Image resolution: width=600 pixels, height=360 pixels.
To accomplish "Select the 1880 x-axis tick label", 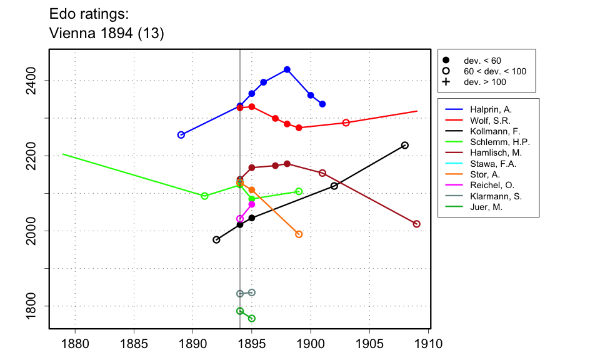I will pyautogui.click(x=75, y=344).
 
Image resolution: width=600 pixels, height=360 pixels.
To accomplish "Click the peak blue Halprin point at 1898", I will pyautogui.click(x=287, y=69).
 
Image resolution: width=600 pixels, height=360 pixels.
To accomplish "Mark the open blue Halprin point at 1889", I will pyautogui.click(x=181, y=135).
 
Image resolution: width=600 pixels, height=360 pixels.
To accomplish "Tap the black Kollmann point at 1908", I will pyautogui.click(x=405, y=145).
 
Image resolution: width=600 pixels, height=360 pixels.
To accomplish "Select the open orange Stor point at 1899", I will pyautogui.click(x=299, y=234).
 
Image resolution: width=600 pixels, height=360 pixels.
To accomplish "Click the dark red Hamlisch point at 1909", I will pyautogui.click(x=417, y=224).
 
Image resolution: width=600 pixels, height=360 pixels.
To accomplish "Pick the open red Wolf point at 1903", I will pyautogui.click(x=346, y=122).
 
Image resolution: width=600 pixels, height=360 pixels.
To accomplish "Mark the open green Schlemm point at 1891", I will pyautogui.click(x=204, y=196).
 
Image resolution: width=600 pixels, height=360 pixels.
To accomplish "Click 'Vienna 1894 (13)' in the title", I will pyautogui.click(x=106, y=34).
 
